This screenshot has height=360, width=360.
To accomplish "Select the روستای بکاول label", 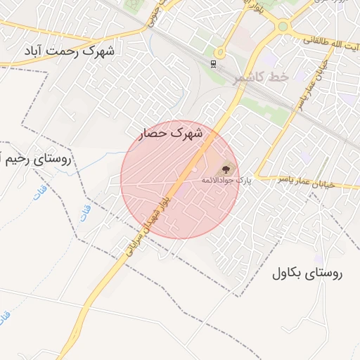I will tap(307, 274).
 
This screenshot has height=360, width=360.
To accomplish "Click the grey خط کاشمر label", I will tap(259, 77).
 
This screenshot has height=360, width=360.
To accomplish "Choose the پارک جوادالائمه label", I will tap(226, 181).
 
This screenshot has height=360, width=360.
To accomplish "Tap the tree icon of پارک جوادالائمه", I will tap(226, 169).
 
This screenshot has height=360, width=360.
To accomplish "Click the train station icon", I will tap(214, 64).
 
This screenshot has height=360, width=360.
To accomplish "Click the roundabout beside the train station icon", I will tap(220, 52).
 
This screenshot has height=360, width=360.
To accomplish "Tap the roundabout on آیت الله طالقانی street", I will tap(283, 27).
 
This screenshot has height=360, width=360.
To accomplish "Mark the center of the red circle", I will tap(180, 180).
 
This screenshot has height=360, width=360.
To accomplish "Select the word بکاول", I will tap(288, 274).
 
